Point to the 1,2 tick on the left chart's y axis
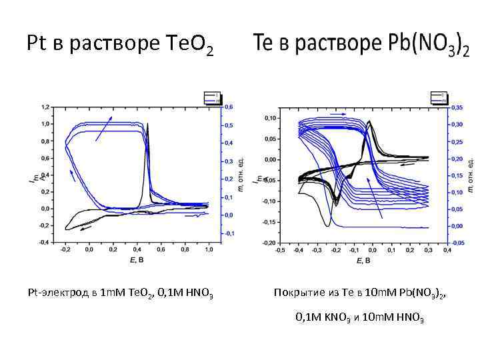45,107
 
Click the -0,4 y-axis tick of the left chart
43,242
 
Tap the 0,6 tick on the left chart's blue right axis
229,107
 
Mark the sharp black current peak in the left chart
148,127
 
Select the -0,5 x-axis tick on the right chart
279,250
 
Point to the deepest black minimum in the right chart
328,226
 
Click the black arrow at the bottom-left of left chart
85,227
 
